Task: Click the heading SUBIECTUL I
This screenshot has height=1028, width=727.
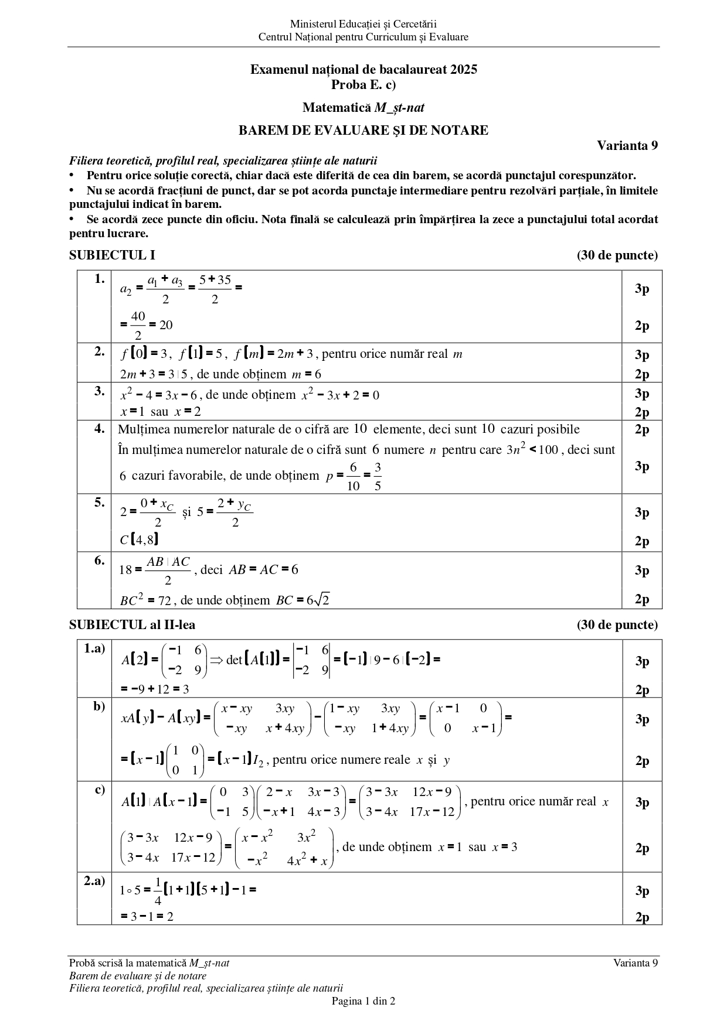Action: click(112, 255)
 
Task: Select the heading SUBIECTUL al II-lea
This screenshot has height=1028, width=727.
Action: click(132, 625)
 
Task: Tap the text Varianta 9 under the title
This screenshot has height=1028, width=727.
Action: click(627, 145)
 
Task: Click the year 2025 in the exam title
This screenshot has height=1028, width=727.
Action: click(464, 70)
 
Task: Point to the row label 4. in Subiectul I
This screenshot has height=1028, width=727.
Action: click(100, 428)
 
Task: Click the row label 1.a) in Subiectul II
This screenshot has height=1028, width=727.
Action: click(94, 648)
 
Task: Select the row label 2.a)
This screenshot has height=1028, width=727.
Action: click(94, 881)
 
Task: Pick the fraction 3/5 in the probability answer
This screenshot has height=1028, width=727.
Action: click(377, 476)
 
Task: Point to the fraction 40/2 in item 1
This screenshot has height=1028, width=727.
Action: click(138, 325)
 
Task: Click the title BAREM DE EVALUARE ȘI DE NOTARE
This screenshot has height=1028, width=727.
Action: click(363, 130)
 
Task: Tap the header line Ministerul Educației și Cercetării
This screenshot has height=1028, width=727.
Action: click(363, 24)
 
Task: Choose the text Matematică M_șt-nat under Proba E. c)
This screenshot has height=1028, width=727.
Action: click(363, 108)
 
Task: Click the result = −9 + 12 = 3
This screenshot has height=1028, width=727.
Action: click(155, 689)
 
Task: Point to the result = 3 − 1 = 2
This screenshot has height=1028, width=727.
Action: click(147, 916)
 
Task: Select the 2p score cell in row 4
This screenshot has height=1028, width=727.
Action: click(642, 429)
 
